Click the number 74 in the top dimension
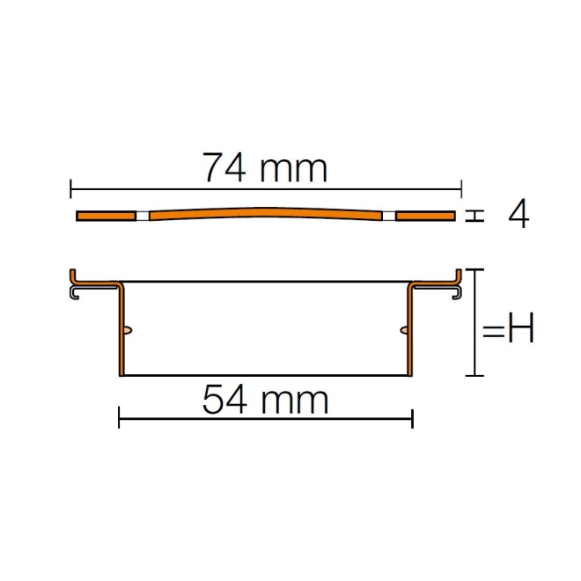[224, 167]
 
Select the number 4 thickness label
[518, 214]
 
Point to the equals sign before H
[492, 331]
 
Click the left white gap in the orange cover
[142, 216]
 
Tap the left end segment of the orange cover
[106, 216]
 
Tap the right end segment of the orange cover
[425, 216]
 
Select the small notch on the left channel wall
[129, 330]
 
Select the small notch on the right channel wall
[403, 330]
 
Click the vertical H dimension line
[478, 322]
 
